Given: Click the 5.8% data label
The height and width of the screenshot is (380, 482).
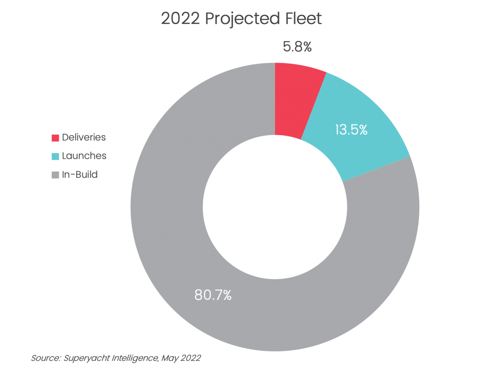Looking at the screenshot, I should [297, 47].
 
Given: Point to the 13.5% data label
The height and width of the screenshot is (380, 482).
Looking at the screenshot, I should [351, 130].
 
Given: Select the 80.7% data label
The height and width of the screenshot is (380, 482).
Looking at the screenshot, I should [213, 295].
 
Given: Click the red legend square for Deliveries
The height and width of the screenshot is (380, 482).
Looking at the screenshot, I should [55, 138].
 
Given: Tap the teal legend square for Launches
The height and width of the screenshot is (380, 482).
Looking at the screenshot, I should [55, 156].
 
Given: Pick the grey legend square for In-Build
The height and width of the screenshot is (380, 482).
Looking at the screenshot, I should [55, 175].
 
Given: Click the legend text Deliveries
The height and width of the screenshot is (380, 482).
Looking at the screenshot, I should [84, 137].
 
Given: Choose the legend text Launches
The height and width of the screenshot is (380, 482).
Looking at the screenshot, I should [84, 156].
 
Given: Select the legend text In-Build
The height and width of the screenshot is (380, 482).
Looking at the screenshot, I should [80, 175].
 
